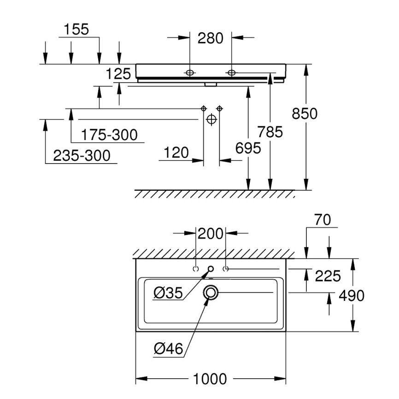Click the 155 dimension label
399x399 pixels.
tap(76, 29)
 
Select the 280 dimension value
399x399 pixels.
tap(211, 38)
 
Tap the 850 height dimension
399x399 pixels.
tap(305, 113)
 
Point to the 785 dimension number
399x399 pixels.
tap(270, 132)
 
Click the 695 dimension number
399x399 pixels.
tap(248, 148)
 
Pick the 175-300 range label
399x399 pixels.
tap(109, 135)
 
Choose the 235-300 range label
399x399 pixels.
tap(82, 155)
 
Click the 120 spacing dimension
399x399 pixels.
tap(176, 153)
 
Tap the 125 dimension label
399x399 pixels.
tap(118, 74)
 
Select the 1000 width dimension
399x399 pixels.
tap(210, 379)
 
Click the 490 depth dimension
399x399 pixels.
tap(352, 296)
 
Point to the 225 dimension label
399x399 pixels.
tap(328, 276)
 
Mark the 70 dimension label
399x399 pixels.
tap(323, 220)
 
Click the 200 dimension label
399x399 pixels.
tap(211, 234)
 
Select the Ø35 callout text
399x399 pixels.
tap(168, 293)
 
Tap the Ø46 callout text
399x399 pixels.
tap(169, 348)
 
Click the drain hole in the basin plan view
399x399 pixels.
tap(211, 293)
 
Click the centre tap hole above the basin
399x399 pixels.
tap(211, 269)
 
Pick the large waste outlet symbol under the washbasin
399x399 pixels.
tap(211, 119)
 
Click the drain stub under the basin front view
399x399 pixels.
tap(211, 84)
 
